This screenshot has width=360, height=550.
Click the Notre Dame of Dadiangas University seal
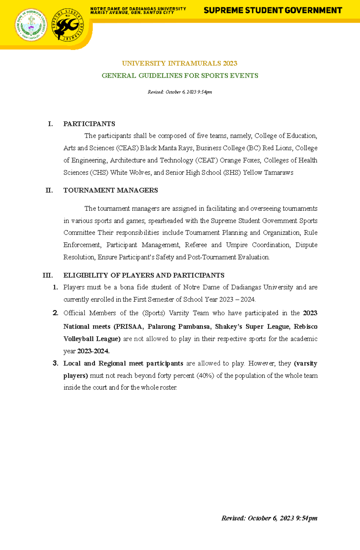[31, 25]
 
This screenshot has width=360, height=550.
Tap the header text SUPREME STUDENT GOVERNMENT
[273, 11]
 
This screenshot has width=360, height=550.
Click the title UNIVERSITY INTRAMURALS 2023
[179, 64]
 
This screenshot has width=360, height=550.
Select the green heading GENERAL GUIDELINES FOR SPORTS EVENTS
[180, 76]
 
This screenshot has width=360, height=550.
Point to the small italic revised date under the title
[180, 92]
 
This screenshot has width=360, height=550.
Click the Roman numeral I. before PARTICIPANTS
[50, 124]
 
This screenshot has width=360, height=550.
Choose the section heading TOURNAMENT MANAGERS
[110, 191]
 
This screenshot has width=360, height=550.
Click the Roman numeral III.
[48, 275]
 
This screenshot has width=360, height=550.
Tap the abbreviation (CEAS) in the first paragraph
[127, 148]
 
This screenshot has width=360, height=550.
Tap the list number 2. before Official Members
[55, 313]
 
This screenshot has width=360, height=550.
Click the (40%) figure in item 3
[205, 376]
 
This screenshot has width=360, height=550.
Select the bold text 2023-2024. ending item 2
[93, 351]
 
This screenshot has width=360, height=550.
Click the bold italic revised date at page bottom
[269, 518]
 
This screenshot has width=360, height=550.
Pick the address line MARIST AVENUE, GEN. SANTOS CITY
[132, 13]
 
